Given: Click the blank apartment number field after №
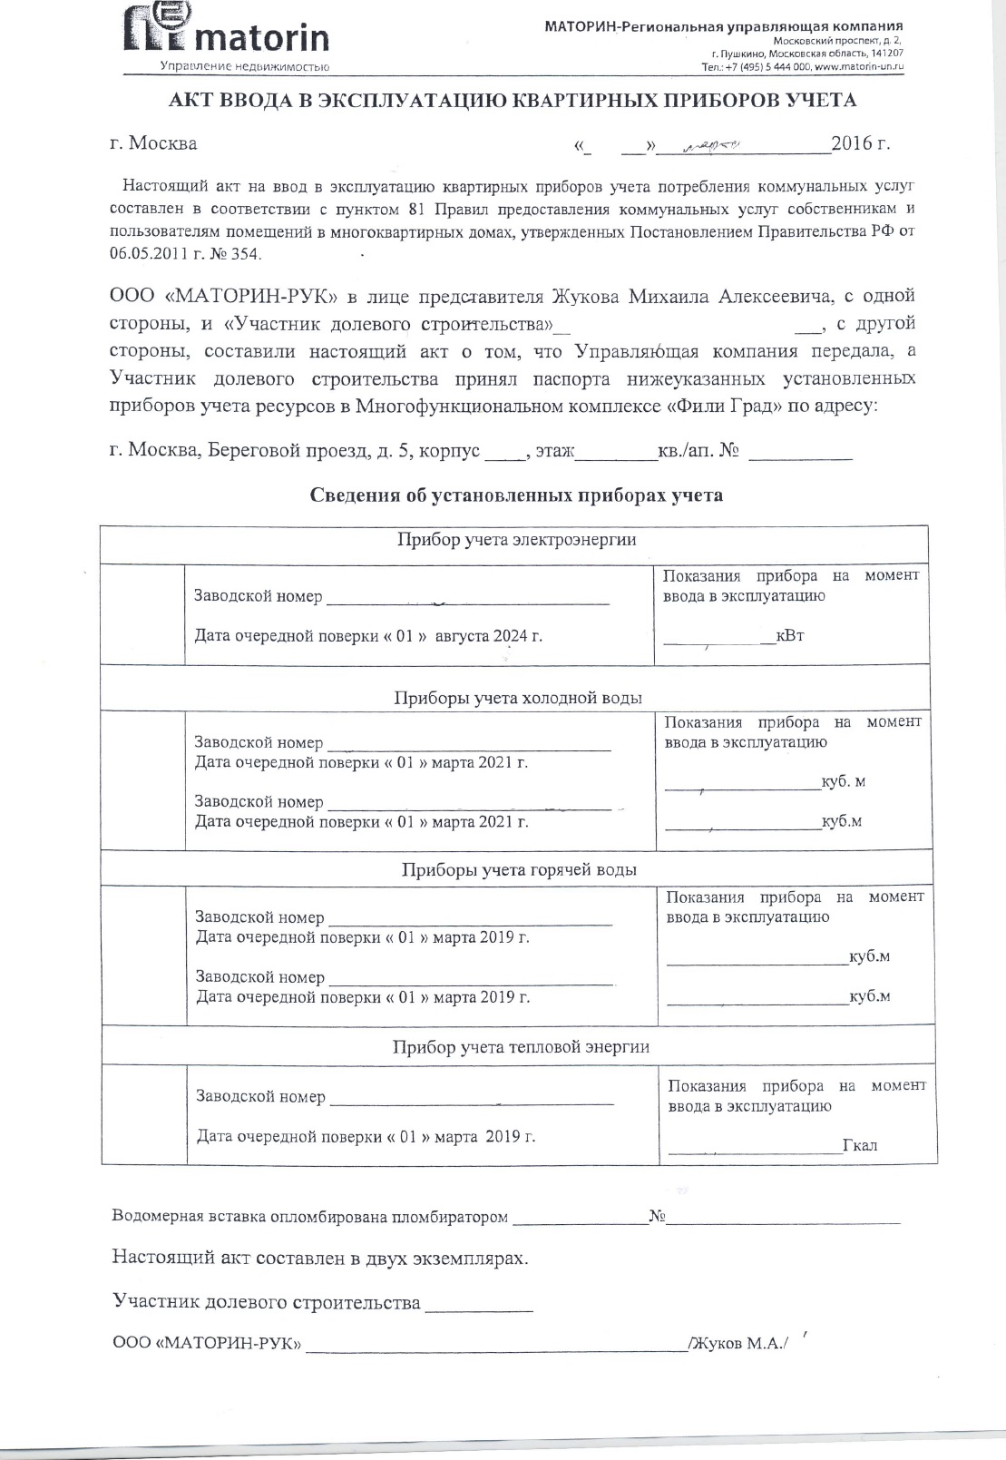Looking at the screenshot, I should tap(800, 451).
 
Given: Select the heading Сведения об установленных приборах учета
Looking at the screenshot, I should tap(516, 495).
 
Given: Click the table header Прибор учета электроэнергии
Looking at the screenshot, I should tap(516, 540).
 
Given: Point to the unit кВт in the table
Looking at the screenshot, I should tap(790, 635).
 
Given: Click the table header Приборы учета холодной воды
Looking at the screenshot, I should tap(518, 698).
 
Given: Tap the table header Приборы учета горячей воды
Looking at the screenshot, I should tap(519, 870).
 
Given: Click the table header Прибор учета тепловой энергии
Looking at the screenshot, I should tap(521, 1047).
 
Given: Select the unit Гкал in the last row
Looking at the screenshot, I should tap(860, 1145).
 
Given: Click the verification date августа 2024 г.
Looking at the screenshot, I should tap(489, 636).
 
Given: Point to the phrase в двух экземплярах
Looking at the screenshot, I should tap(436, 1259).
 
